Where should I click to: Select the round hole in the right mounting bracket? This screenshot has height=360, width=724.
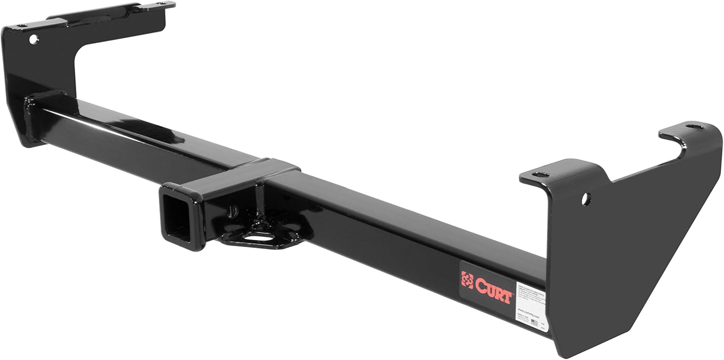click(585, 197)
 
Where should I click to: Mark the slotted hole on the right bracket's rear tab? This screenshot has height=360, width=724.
click(694, 126)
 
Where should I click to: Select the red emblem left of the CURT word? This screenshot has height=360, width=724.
click(467, 279)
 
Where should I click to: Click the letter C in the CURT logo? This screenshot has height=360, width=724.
click(480, 284)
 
